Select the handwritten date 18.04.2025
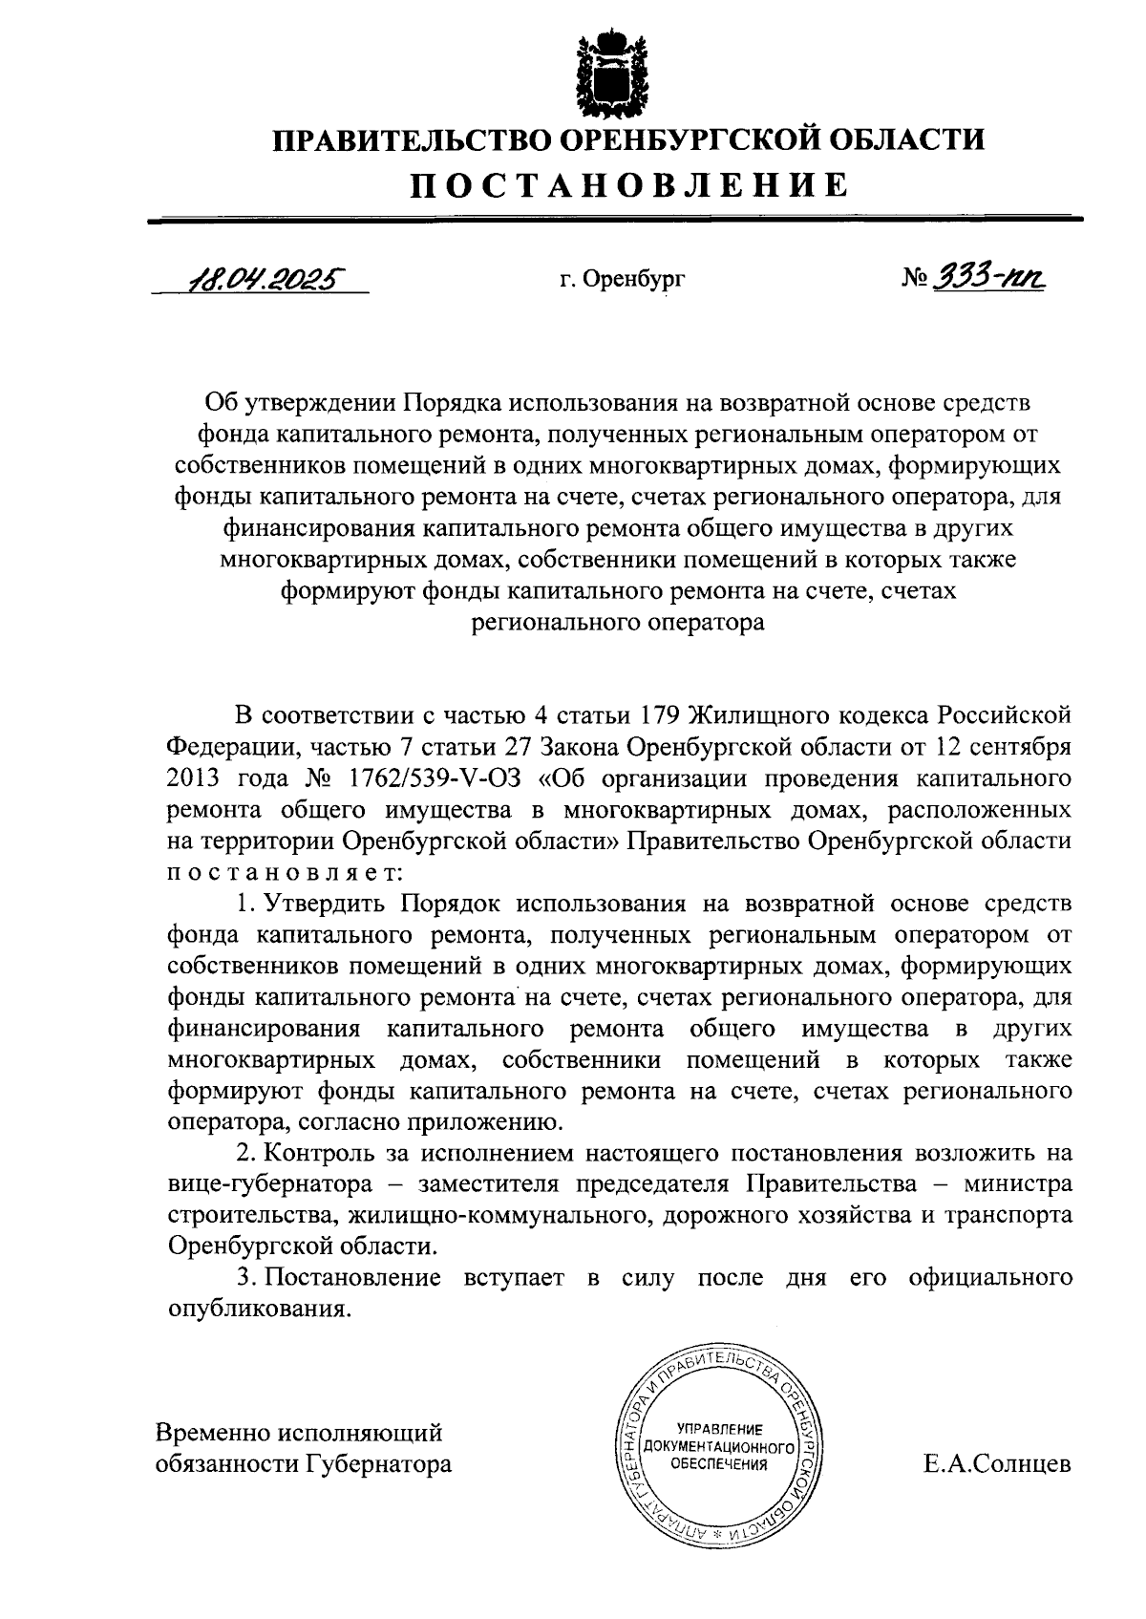[265, 279]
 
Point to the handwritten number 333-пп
[988, 277]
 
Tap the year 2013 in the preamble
[195, 778]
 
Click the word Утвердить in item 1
[325, 903]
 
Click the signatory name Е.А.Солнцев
[997, 1464]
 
